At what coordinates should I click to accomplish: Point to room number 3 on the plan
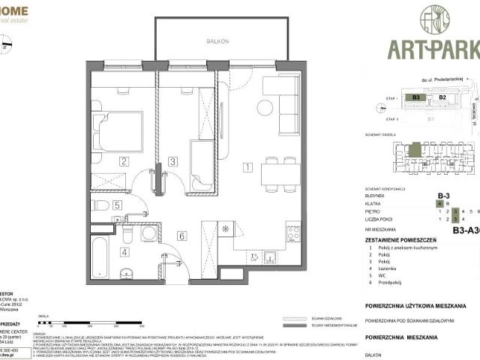point(172,160)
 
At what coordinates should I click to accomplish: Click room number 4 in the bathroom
point(124,251)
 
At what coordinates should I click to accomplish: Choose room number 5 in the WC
point(117,205)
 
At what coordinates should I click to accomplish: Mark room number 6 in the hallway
point(181,235)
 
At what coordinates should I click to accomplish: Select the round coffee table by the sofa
point(265,107)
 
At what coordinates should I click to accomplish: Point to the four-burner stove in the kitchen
point(293,233)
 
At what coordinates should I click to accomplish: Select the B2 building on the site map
point(442,97)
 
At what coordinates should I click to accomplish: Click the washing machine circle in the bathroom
point(148,234)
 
